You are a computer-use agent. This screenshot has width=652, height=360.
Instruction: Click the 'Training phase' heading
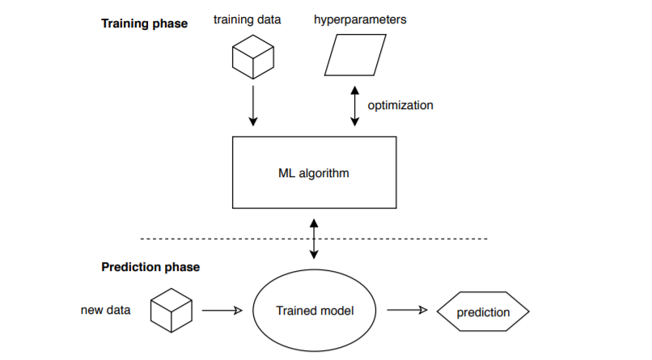click(144, 23)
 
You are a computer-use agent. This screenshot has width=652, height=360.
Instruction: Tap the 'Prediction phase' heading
click(150, 267)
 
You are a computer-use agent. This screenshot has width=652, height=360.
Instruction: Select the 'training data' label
click(247, 19)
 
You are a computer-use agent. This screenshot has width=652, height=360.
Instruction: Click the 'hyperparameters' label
click(360, 20)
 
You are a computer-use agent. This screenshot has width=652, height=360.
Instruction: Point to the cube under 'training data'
click(253, 57)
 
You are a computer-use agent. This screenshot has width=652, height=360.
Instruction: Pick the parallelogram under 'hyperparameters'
click(355, 55)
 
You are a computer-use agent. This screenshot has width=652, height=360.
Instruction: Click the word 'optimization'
click(400, 106)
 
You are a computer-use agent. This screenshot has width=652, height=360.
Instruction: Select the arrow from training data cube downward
click(253, 106)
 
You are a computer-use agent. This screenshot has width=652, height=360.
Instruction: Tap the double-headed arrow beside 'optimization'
click(354, 106)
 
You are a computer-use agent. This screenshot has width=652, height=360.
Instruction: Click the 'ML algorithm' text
click(314, 173)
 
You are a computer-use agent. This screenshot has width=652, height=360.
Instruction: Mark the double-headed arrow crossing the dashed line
click(314, 239)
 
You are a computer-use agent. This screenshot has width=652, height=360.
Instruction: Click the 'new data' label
click(106, 310)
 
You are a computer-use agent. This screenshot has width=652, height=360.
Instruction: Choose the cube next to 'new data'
click(171, 311)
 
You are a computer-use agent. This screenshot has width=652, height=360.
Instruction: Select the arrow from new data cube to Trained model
click(222, 311)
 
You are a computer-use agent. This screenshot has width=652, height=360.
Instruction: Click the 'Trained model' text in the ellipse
click(315, 311)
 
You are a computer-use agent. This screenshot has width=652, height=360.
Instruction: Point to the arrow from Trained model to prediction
click(407, 310)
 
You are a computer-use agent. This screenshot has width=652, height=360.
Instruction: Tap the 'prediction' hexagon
click(483, 311)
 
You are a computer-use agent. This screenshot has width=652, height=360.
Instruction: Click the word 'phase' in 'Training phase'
click(170, 24)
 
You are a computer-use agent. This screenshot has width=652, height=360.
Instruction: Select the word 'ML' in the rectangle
click(286, 173)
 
